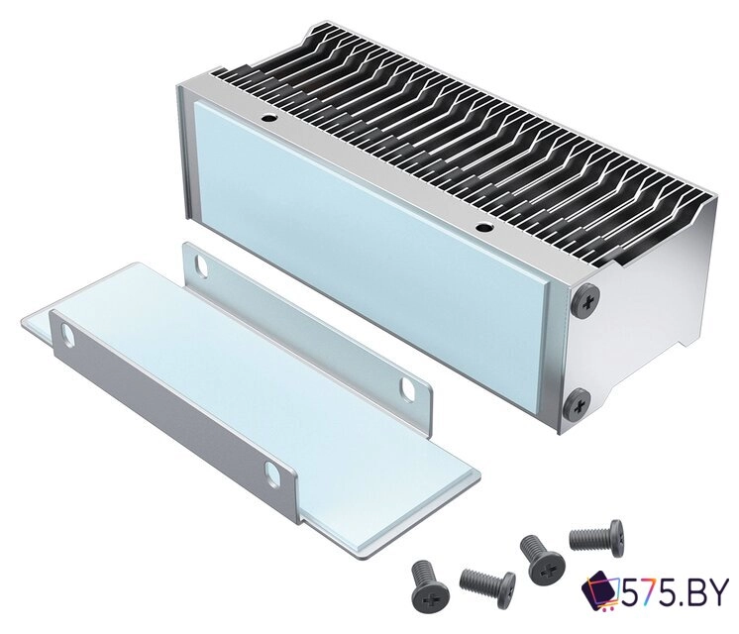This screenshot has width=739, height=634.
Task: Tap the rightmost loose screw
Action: coord(598,536)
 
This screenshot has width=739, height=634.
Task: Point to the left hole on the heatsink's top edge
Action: coord(266,118)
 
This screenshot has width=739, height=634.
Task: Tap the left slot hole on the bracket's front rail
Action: coord(68,336)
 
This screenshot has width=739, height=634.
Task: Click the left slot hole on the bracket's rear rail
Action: coord(201,265)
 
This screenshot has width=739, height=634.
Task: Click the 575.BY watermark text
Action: coord(678,595)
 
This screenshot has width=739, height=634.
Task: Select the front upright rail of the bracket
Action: coord(168,416)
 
